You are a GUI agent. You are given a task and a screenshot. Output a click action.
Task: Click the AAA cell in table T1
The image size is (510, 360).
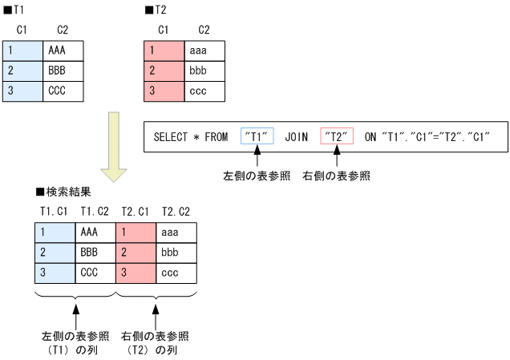pyautogui.click(x=63, y=51)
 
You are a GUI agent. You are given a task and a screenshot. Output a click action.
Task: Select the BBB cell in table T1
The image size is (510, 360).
pyautogui.click(x=63, y=71)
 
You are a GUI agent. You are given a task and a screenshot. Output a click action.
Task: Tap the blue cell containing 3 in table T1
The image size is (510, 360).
pyautogui.click(x=22, y=91)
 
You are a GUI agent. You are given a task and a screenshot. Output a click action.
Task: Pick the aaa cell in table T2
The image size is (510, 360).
pyautogui.click(x=205, y=51)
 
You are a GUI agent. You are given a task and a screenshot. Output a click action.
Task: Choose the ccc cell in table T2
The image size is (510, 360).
pyautogui.click(x=205, y=91)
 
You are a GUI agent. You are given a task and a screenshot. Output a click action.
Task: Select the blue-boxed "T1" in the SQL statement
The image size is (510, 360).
pyautogui.click(x=257, y=137)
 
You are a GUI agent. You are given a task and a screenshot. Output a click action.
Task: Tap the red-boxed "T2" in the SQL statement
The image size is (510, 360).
pyautogui.click(x=336, y=137)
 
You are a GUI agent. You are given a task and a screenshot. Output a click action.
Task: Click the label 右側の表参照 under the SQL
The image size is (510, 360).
pyautogui.click(x=337, y=176)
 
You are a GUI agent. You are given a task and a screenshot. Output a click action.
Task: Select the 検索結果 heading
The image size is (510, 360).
pyautogui.click(x=64, y=192)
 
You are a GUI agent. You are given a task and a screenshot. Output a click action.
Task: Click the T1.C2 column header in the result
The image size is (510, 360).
pyautogui.click(x=95, y=212)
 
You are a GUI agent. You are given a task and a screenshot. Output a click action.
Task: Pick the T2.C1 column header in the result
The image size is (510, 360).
pyautogui.click(x=136, y=212)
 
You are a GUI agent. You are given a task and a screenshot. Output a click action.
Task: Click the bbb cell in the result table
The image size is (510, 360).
pyautogui.click(x=176, y=253)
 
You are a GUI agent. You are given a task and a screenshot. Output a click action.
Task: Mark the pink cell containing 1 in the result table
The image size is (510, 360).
pyautogui.click(x=136, y=233)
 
